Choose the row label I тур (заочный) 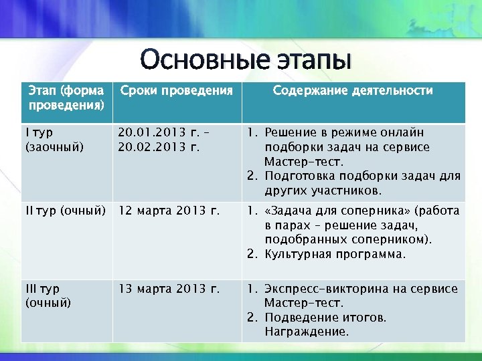click(x=55, y=140)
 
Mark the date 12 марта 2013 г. click(x=169, y=212)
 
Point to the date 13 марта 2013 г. click(x=169, y=289)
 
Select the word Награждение click(x=307, y=332)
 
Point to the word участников click(x=345, y=191)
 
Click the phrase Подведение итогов click(x=325, y=318)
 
